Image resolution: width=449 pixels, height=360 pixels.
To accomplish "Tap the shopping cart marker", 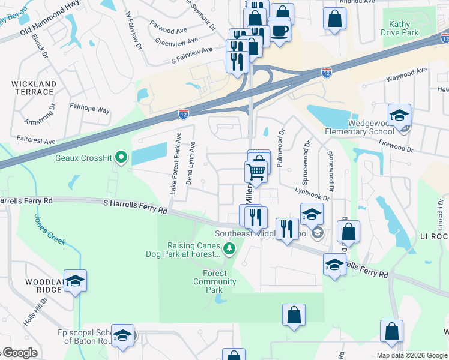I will (256, 172).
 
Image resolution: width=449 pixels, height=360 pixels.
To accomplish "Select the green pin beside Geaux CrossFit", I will (121, 158).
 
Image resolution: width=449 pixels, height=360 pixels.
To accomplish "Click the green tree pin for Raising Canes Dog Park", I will (228, 248).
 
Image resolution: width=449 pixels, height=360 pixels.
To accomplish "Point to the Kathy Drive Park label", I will (399, 28).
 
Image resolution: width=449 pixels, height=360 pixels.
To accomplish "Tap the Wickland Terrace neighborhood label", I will (33, 88).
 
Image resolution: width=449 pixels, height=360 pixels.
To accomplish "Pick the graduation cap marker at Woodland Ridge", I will (75, 281).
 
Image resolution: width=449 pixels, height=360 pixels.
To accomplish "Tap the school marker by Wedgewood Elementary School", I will (399, 115).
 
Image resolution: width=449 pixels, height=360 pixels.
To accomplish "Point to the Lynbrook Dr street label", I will (312, 193).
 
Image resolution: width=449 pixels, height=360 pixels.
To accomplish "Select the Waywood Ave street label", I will (406, 74).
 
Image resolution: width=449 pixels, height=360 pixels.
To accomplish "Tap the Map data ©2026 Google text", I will (412, 355).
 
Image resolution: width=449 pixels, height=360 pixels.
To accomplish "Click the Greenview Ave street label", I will (176, 41).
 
